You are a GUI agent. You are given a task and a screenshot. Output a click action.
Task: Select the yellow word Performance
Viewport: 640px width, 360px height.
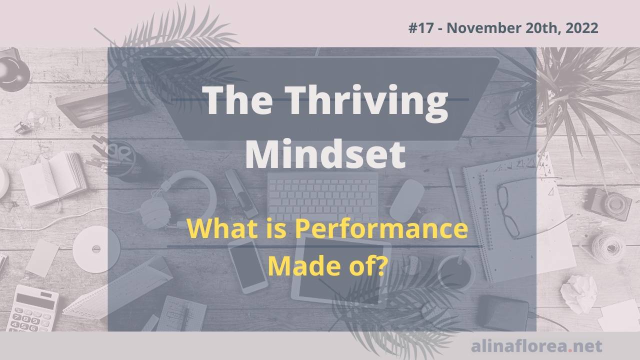coord(381,229)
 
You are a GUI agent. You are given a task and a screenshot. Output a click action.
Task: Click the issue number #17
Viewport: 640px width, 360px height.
coord(419,28)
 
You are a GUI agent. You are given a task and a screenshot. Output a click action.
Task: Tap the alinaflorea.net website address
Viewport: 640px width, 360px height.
coord(536,345)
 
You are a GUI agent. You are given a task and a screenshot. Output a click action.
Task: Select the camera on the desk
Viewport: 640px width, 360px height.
coord(608,203)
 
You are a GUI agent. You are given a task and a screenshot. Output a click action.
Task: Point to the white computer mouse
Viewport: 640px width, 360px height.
coord(407,200)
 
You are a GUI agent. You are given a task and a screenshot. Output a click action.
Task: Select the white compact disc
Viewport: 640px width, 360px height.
coord(96,248)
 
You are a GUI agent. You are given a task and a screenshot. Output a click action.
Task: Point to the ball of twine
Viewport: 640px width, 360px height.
coord(608,245)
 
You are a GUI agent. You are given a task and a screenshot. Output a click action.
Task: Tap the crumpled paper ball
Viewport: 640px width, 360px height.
coord(579,292)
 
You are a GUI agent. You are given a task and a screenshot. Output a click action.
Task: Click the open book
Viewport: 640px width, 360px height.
coord(53,177)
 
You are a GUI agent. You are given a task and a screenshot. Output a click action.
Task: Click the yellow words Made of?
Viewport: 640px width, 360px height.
coord(327,265)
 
